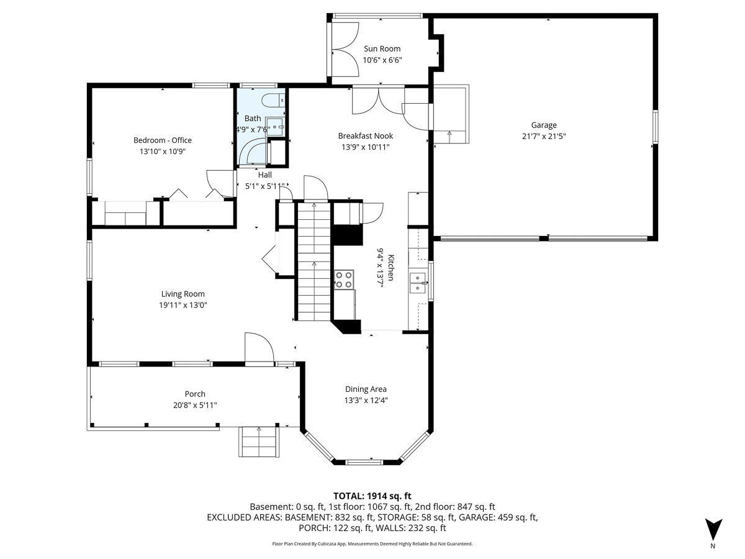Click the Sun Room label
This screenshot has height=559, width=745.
click(382, 48)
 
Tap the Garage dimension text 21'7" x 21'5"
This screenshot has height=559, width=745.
click(543, 136)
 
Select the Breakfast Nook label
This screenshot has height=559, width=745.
click(365, 135)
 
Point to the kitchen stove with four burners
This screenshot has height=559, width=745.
click(344, 279)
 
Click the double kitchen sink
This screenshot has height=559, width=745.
click(418, 283)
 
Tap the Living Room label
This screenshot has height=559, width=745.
click(183, 294)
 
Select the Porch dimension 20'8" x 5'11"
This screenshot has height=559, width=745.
click(195, 405)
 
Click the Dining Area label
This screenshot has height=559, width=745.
click(366, 389)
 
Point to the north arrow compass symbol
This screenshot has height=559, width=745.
click(713, 529)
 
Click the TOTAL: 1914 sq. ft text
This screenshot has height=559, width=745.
click(372, 496)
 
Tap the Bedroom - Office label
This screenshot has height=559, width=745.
click(163, 140)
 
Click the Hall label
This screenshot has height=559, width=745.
click(265, 175)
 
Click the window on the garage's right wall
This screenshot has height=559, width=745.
click(655, 127)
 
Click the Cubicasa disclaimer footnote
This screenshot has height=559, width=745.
click(372, 543)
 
